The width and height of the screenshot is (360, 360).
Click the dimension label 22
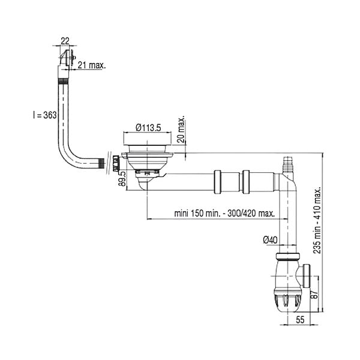(65, 41)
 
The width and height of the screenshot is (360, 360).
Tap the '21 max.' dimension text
(92, 65)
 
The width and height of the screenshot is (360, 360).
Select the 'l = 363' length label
(44, 115)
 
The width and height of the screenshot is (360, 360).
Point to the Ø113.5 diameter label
(148, 127)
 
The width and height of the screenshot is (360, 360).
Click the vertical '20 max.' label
(181, 130)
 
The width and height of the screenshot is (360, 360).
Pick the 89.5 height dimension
(123, 178)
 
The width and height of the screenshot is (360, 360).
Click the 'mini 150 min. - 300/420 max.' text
(224, 214)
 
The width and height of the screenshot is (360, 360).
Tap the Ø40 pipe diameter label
(270, 241)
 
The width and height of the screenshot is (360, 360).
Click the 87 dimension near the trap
(315, 293)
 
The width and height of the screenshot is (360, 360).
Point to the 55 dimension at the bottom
(300, 320)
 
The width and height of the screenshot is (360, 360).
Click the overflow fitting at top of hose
(67, 58)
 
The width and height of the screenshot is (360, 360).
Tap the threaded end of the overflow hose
(101, 163)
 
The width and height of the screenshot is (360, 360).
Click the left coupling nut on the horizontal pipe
(217, 182)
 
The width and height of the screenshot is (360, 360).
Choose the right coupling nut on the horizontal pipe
(246, 182)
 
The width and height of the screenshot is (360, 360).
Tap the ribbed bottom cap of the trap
(287, 300)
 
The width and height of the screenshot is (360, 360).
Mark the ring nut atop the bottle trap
(287, 256)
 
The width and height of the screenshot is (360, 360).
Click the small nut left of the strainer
(116, 163)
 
